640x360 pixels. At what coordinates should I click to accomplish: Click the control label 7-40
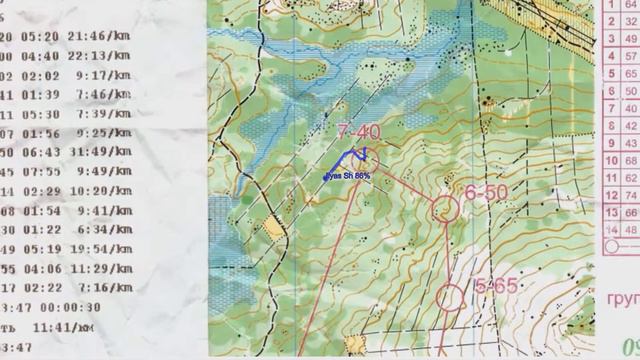359,131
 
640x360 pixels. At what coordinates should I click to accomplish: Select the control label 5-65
495,286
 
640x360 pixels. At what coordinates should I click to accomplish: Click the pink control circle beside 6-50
444,208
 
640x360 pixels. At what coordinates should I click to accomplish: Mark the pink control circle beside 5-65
451,297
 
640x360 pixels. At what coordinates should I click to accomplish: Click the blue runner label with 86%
347,176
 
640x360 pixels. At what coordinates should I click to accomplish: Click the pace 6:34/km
102,229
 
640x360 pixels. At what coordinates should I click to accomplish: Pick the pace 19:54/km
102,249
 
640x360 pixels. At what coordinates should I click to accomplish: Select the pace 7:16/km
106,287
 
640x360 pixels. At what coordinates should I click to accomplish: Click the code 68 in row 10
631,160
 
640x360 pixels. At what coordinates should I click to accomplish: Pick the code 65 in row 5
631,73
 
